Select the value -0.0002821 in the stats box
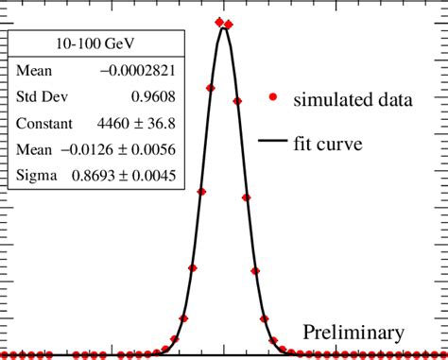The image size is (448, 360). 132,71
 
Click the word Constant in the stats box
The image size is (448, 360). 45,123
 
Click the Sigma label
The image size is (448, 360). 37,175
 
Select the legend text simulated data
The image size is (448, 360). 353,99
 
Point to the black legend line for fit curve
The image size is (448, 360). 273,145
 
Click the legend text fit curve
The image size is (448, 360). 327,145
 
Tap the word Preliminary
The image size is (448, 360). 353,333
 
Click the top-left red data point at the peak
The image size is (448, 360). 219,21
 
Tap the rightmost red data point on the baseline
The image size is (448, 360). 440,355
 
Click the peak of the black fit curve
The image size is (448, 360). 224,27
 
